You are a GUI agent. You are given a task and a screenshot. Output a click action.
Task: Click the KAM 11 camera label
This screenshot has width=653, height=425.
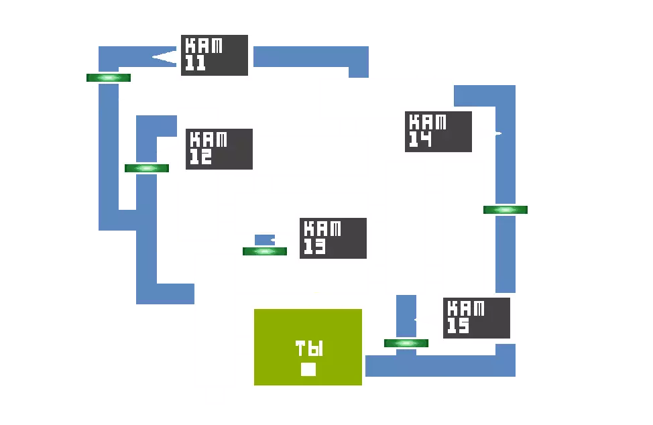click(215, 55)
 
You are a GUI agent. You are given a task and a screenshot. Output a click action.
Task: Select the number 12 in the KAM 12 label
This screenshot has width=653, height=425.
click(201, 158)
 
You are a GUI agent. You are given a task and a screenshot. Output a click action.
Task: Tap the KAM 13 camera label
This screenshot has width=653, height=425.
click(333, 238)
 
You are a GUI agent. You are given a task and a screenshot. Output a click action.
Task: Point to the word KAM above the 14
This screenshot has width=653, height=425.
click(427, 122)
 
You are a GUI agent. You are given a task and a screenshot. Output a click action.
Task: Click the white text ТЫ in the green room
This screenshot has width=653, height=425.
click(309, 349)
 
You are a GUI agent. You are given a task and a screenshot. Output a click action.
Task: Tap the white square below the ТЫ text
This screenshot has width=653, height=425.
click(308, 369)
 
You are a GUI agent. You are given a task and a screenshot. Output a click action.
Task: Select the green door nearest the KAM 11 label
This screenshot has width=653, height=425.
click(109, 78)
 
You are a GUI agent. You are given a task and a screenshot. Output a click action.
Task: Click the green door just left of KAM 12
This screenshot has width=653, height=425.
click(145, 168)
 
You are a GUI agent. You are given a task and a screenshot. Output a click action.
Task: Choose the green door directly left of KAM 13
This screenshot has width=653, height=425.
click(265, 251)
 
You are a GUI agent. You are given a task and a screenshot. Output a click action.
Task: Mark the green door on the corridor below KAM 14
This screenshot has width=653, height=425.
click(506, 210)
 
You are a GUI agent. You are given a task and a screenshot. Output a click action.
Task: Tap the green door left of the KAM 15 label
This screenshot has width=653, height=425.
click(406, 343)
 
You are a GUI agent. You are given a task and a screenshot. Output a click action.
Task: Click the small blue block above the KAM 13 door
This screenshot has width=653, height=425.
click(264, 239)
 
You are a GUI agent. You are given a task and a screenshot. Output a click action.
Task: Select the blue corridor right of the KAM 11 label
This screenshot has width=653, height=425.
click(310, 56)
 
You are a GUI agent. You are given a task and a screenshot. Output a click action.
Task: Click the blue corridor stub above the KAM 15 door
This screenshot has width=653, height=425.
click(405, 315)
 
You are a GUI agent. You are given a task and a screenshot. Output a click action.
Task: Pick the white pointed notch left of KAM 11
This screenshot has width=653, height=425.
click(165, 57)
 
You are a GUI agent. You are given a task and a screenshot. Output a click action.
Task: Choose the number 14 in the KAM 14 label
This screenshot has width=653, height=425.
click(420, 139)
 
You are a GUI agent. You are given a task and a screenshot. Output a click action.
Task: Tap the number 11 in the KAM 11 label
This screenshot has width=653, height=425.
click(196, 64)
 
